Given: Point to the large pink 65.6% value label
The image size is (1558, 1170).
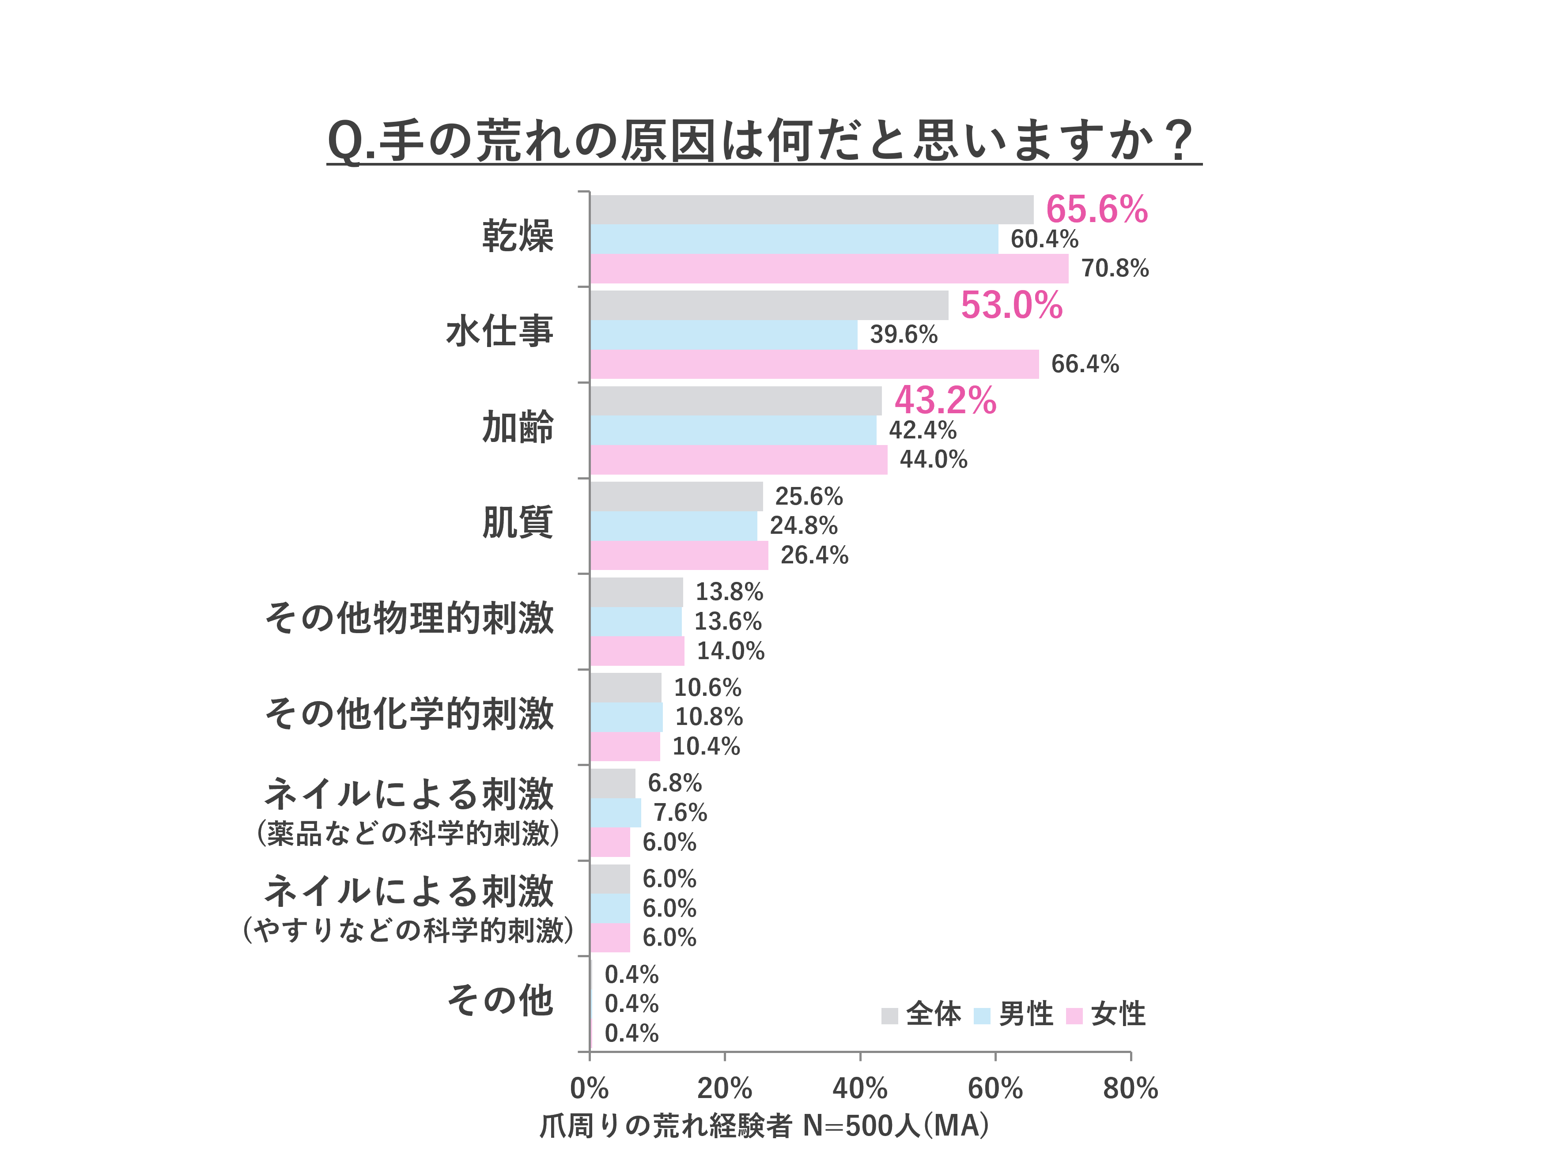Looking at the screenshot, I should (x=1097, y=209).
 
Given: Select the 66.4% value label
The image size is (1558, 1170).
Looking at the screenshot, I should (x=1085, y=364).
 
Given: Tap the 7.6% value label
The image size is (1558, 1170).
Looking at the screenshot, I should (x=680, y=812).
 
